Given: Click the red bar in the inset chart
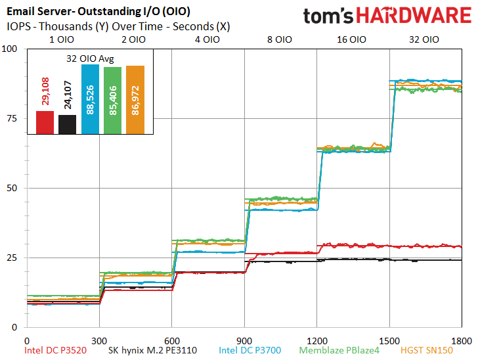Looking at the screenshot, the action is [45, 122].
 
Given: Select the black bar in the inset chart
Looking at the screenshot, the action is [68, 124].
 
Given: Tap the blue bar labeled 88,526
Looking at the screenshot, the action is [90, 99].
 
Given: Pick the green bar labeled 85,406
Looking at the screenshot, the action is [112, 101].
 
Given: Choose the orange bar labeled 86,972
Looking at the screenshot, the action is [135, 100].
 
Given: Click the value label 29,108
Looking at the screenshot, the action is [45, 91].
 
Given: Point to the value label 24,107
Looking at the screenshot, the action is [68, 95].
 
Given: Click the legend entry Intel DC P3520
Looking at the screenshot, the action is [55, 350].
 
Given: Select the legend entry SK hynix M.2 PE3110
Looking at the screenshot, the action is [152, 350].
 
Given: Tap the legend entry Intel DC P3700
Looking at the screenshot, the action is [250, 350].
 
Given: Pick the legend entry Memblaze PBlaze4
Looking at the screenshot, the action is [339, 350].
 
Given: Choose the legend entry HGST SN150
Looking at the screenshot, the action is [427, 350].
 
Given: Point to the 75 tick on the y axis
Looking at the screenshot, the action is [12, 118].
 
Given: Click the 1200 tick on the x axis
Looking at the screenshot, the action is [317, 341].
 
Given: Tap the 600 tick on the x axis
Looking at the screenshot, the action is [172, 341].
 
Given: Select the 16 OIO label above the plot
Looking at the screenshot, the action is [351, 39].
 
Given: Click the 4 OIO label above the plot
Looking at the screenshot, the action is [207, 39].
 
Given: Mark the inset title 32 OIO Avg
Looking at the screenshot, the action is [90, 58].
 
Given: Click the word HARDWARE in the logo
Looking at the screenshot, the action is [414, 16].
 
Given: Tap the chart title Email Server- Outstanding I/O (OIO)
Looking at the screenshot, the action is [98, 12].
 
